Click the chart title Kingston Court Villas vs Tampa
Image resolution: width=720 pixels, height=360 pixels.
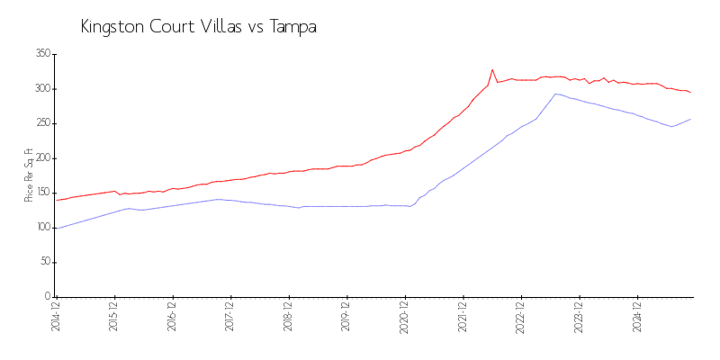198,27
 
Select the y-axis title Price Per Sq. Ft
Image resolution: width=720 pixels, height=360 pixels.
30,175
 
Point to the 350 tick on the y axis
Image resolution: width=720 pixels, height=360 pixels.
41,54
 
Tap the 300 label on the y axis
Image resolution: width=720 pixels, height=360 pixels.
41,89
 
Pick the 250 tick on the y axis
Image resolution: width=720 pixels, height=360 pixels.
41,123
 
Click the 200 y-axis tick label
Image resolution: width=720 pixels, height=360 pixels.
41,158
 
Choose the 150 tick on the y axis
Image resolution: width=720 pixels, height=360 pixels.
41,193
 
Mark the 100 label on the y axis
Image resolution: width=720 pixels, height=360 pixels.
41,228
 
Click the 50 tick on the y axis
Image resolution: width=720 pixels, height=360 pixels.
43,262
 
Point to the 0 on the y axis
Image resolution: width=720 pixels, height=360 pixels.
46,296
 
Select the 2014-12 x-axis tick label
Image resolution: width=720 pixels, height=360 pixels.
56,318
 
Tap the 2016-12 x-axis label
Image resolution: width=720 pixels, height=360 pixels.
172,318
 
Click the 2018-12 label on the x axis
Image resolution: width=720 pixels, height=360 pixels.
288,318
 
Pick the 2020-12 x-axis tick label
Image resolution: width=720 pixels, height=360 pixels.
404,318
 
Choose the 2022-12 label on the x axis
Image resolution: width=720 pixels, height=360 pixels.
520,318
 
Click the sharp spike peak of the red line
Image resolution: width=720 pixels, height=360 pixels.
492,69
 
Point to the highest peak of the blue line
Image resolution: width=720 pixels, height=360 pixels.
556,94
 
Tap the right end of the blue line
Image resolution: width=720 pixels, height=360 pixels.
691,119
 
